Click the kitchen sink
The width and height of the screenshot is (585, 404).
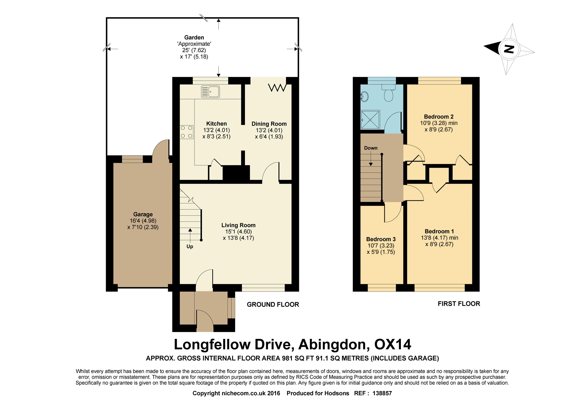coord(210,92)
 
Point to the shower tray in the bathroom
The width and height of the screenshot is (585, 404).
coord(370,120)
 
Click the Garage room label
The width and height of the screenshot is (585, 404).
coord(143,214)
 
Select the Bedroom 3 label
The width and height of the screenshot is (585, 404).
coord(381,239)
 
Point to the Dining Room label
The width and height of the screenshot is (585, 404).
coord(269,124)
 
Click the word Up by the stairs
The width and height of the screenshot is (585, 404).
coord(190,246)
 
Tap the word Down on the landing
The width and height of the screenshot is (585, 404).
coord(371,148)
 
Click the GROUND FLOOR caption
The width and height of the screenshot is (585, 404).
coord(273,304)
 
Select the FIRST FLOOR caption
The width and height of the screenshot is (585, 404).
coord(459,304)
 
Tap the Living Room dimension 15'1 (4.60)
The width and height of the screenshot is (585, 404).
coord(238,231)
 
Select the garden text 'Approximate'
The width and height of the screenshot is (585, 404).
coord(194,44)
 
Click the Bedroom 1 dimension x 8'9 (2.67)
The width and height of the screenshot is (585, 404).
coord(439,244)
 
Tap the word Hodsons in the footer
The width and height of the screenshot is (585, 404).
coord(336,393)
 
